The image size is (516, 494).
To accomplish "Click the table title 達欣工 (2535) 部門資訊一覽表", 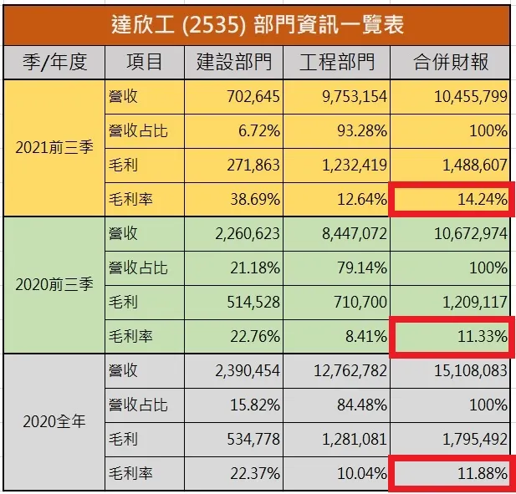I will [x=258, y=23].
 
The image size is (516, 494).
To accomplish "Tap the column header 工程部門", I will [x=336, y=63].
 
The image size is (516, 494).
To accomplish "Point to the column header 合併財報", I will [x=452, y=63].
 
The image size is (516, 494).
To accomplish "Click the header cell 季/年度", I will [x=54, y=63].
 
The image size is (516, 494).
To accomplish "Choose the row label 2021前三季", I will [x=54, y=148].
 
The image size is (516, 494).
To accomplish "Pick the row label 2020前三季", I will [x=54, y=285].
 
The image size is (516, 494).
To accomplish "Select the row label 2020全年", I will [x=54, y=422].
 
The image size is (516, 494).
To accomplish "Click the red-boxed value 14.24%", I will [x=452, y=200].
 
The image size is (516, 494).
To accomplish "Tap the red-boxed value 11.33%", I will [x=452, y=337].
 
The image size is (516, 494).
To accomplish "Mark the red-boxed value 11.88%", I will [x=452, y=474].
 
